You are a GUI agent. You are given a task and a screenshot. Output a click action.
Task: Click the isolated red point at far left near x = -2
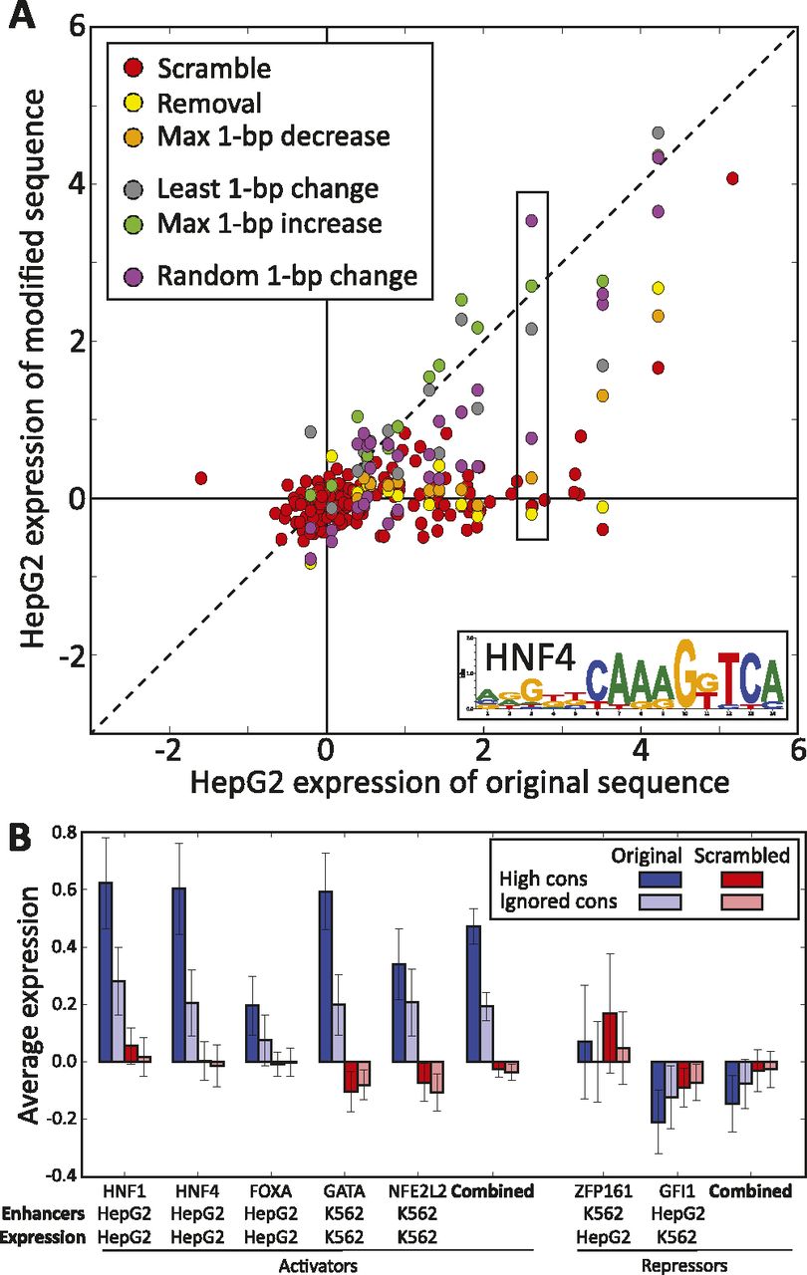click(200, 479)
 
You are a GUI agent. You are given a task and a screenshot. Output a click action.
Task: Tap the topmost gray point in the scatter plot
click(658, 132)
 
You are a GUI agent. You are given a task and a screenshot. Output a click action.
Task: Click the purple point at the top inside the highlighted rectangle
click(531, 221)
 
